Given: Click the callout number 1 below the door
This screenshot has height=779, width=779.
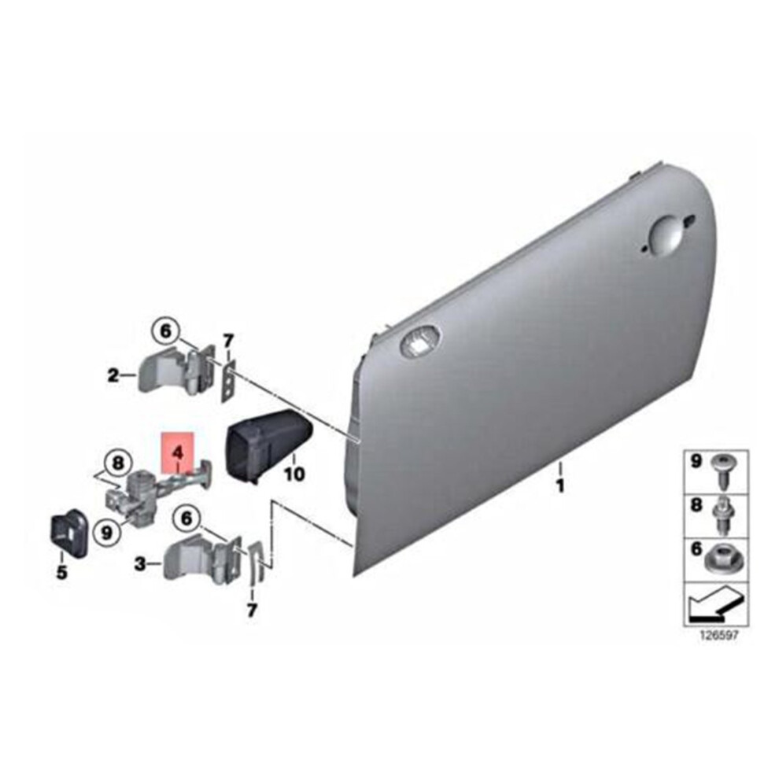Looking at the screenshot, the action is [x=560, y=485].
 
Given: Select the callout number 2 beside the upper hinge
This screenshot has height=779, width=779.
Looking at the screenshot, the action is [x=114, y=375].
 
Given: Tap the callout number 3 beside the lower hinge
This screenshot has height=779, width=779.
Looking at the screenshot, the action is [x=141, y=563].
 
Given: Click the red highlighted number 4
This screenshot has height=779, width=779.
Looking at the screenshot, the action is [x=177, y=452].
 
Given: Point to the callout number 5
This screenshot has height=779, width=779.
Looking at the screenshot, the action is [x=61, y=573].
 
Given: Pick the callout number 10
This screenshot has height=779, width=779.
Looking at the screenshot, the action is [x=294, y=474].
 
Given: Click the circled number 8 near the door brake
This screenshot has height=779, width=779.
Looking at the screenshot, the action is [x=117, y=463].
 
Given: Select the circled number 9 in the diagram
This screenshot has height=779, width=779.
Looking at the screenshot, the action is [x=107, y=533].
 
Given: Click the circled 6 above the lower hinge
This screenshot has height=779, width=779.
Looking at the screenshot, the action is [x=186, y=519].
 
